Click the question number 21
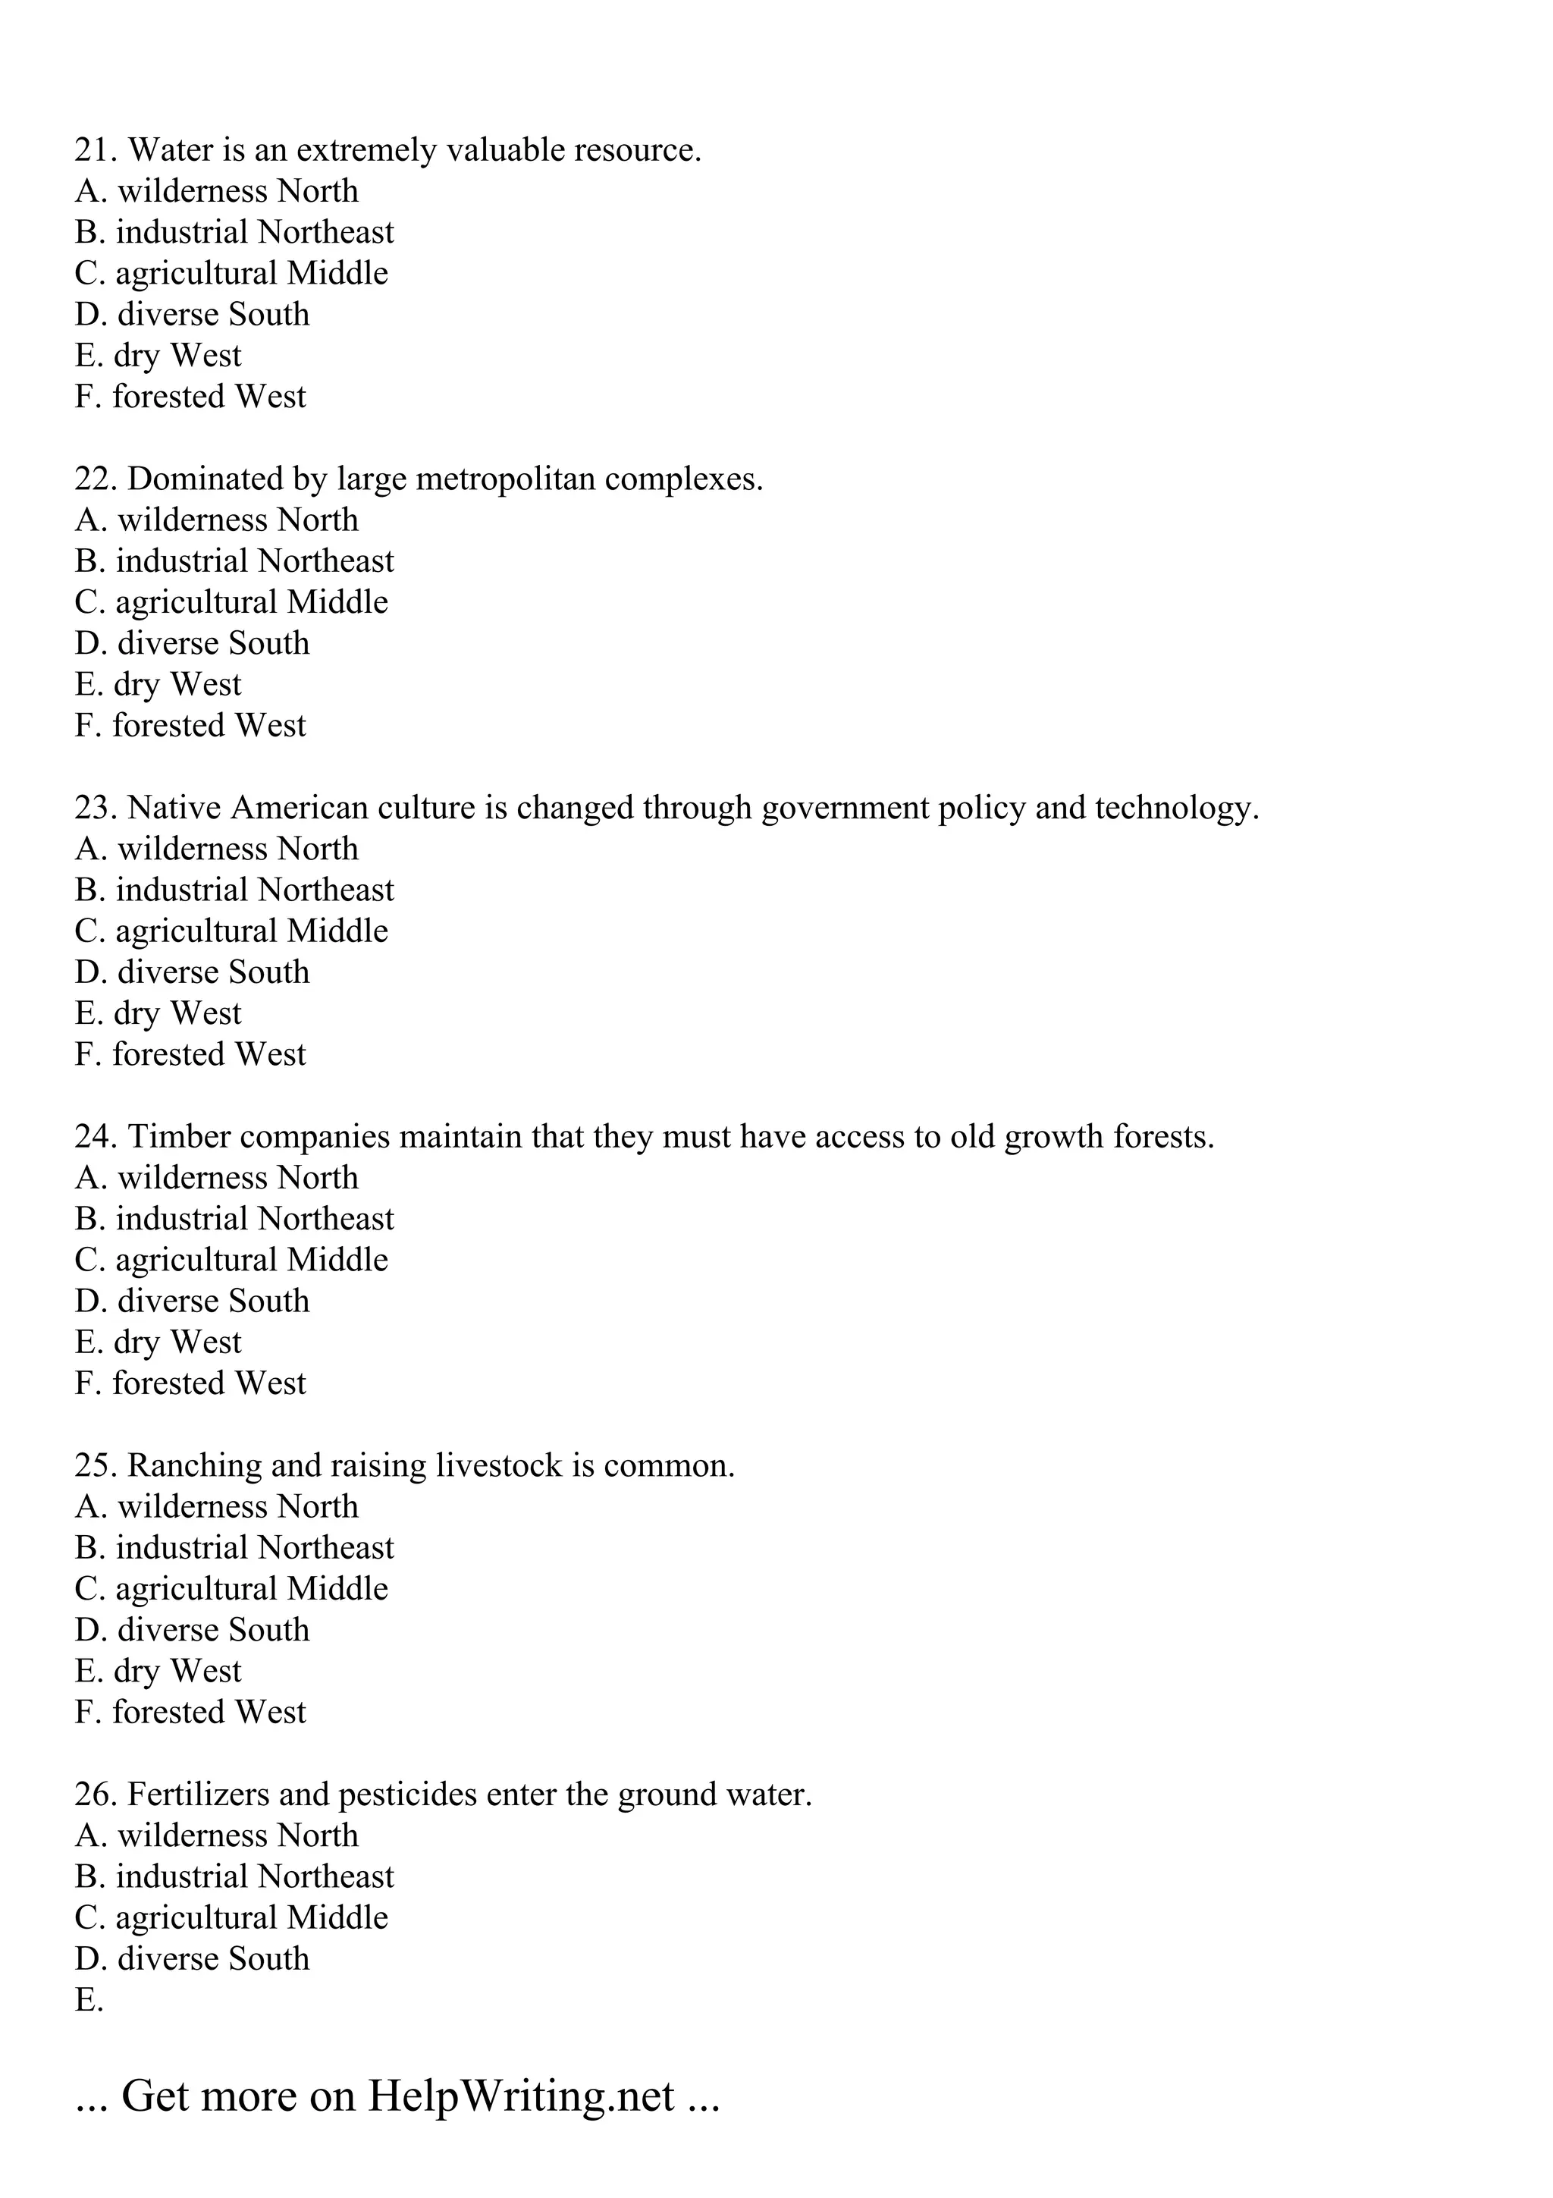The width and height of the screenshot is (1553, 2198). tap(94, 150)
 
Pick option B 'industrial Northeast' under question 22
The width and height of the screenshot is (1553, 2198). tap(234, 561)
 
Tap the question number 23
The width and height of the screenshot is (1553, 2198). tap(95, 808)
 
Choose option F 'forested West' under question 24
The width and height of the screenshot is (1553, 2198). tap(190, 1383)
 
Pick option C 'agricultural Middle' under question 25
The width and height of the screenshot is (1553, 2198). tap(231, 1589)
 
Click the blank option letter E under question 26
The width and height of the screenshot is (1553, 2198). tap(87, 2000)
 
